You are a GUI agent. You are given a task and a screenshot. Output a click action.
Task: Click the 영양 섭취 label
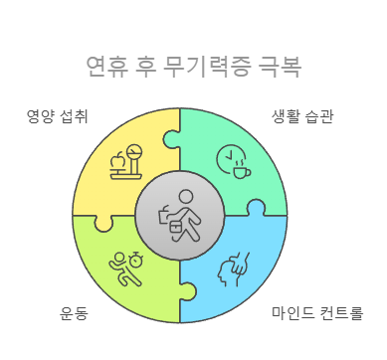(x=57, y=116)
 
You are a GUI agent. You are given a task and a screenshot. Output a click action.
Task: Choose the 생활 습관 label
(x=302, y=116)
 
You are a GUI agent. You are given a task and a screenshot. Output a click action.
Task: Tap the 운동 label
(x=75, y=314)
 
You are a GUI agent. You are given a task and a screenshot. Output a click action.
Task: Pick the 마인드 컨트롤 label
(x=315, y=314)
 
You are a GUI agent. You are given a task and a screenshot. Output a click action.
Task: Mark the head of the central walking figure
(x=184, y=195)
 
